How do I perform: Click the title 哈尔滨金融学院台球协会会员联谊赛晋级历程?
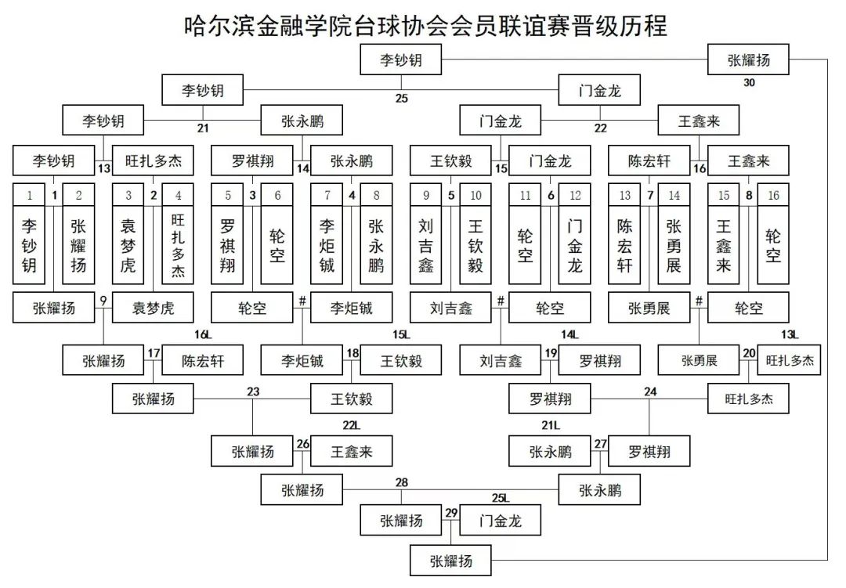tap(425, 25)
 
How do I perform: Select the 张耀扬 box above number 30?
tap(748, 60)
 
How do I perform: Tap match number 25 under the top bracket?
tap(402, 99)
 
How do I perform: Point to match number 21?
tap(204, 129)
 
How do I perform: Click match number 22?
tap(601, 129)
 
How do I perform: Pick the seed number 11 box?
tap(525, 196)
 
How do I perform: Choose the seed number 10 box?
tap(475, 196)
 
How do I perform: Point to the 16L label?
tap(204, 335)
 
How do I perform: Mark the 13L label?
tap(790, 335)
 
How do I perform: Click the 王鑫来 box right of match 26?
tap(352, 452)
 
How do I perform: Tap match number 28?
tap(402, 482)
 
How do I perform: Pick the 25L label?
tap(501, 497)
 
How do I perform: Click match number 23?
tap(253, 391)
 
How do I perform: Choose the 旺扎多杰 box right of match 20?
tap(790, 361)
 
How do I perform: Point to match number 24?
tap(650, 391)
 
